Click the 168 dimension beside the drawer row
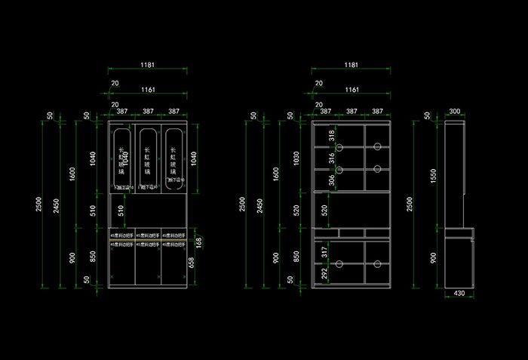point(199,242)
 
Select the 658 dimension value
point(191,263)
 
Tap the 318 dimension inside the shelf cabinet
point(330,135)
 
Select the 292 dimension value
point(324,274)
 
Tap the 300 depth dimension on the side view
point(454,111)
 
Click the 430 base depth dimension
point(459,293)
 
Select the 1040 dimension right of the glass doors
point(195,158)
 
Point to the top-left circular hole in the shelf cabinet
point(339,146)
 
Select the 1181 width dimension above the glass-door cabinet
point(149,66)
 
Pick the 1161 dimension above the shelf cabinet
point(351,90)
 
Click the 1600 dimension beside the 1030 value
point(276,174)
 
